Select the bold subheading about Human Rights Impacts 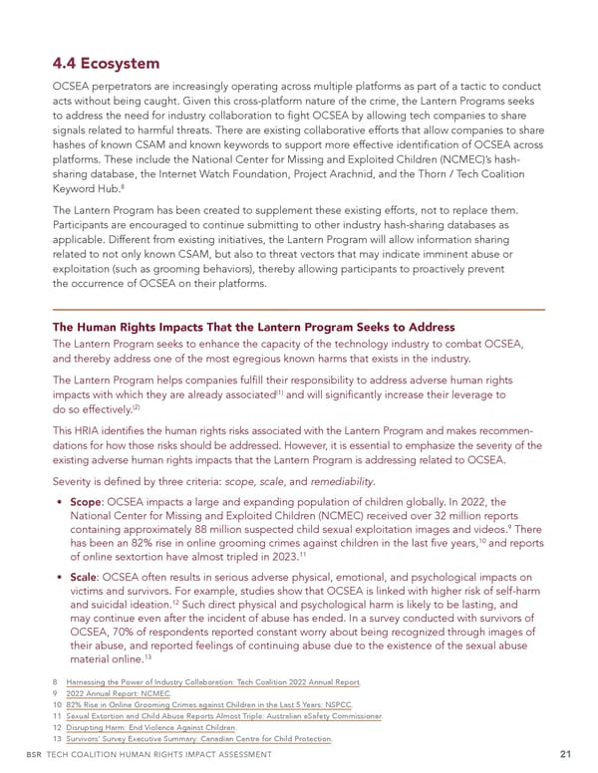[x=253, y=327]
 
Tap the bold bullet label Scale [x=87, y=577]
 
